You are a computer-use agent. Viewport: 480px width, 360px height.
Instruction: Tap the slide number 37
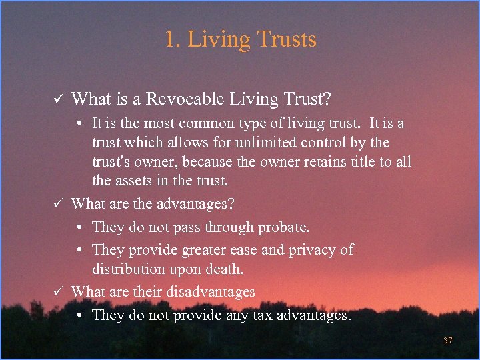(x=448, y=341)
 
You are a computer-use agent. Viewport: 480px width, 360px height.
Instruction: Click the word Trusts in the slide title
(x=285, y=39)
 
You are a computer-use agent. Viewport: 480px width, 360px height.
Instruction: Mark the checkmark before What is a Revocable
(x=58, y=99)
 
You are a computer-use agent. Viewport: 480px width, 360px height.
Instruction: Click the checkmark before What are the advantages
(x=58, y=203)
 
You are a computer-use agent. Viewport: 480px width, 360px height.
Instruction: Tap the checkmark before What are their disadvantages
(x=58, y=291)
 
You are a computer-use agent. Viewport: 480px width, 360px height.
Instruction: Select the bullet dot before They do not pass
(x=79, y=227)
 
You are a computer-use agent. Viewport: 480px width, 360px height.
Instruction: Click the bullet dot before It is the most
(x=79, y=124)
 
